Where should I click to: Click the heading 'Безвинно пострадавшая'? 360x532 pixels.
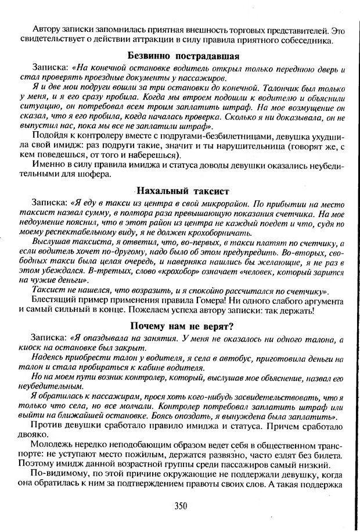pos(183,56)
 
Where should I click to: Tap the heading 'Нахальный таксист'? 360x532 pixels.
pos(183,190)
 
